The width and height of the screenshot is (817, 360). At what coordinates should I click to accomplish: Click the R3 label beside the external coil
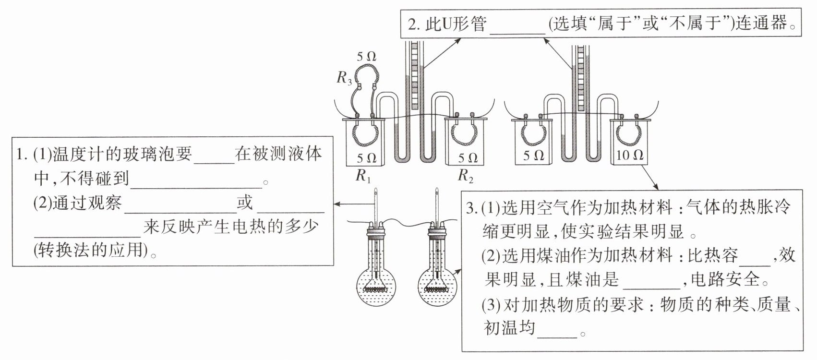point(344,78)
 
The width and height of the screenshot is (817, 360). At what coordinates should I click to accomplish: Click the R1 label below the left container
point(363,176)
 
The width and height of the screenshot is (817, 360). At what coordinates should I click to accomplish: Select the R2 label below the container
point(465,176)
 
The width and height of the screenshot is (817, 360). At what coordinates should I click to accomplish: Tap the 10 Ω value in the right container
point(630,155)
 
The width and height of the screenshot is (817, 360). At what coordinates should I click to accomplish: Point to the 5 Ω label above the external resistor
point(366,56)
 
